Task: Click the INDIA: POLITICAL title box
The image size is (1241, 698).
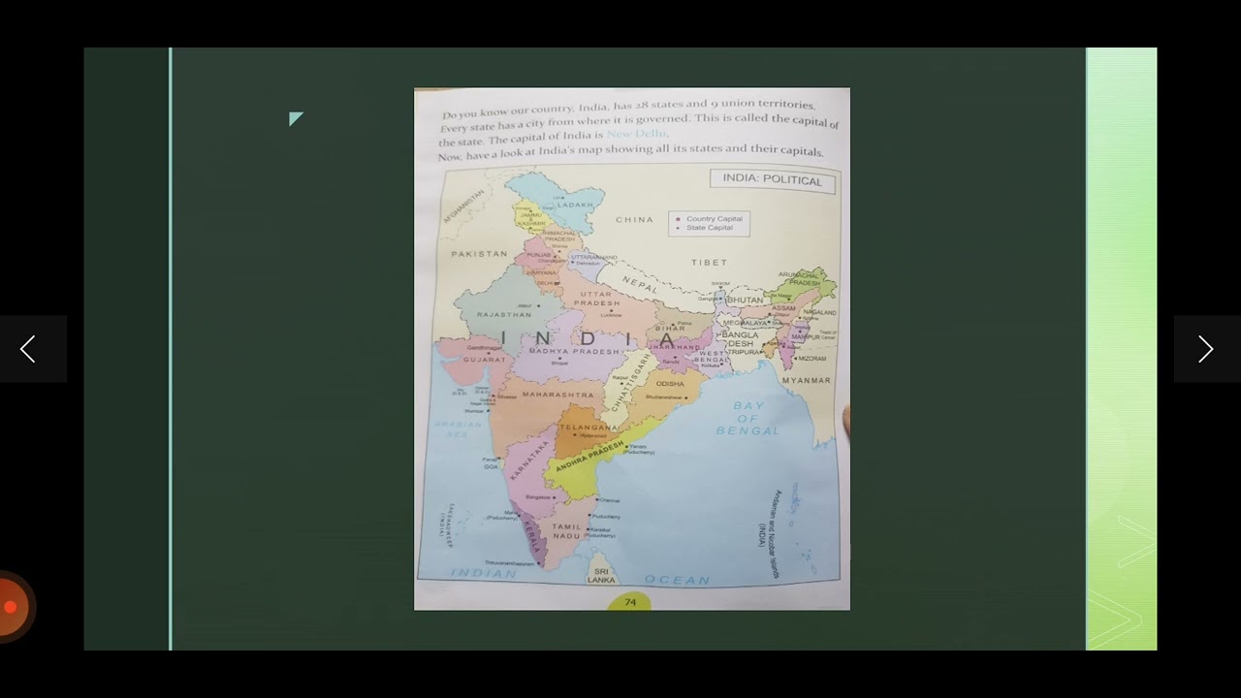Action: [772, 180]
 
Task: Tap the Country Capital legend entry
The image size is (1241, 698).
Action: [714, 219]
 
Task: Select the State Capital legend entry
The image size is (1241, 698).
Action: [709, 228]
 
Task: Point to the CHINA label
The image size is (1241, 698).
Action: [634, 220]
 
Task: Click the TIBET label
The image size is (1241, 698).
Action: [709, 263]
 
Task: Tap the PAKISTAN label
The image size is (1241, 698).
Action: [479, 254]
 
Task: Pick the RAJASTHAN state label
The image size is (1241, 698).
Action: [504, 315]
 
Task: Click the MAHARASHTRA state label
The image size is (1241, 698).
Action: [558, 396]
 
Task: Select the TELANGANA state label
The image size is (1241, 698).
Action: [588, 428]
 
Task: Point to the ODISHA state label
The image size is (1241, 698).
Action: [670, 384]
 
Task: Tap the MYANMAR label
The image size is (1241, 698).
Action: [807, 381]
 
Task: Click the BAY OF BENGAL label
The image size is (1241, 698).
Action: [748, 418]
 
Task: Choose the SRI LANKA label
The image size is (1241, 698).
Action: [601, 576]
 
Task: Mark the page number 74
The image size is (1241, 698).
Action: [630, 602]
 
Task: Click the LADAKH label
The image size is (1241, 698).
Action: [575, 206]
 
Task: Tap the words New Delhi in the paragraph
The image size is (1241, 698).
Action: [636, 134]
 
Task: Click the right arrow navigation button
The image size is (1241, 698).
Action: [1205, 349]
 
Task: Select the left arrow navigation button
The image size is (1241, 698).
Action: [28, 349]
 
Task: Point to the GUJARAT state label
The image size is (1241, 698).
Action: [485, 360]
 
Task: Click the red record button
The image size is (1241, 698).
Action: [11, 607]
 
